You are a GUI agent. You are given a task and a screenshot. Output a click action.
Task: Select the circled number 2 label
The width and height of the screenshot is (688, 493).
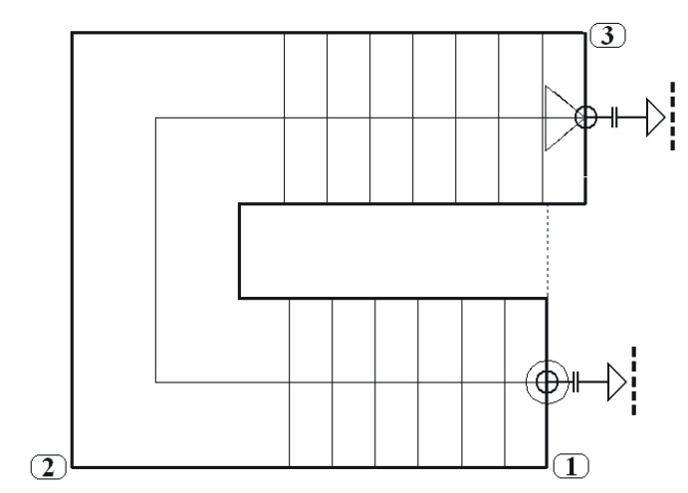pyautogui.click(x=49, y=463)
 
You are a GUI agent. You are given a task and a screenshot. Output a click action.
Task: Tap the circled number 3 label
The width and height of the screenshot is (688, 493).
pyautogui.click(x=607, y=35)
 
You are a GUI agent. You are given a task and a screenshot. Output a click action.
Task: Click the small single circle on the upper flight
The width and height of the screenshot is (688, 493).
pyautogui.click(x=585, y=119)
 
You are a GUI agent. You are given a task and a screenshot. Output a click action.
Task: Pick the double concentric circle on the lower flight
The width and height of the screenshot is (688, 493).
pyautogui.click(x=547, y=380)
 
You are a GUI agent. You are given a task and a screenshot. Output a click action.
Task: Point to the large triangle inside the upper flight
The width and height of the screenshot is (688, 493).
pyautogui.click(x=560, y=119)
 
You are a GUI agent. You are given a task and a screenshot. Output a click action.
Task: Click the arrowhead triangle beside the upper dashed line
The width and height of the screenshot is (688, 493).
pyautogui.click(x=655, y=119)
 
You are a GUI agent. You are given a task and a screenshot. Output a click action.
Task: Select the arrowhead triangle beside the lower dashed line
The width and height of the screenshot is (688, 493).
pyautogui.click(x=616, y=380)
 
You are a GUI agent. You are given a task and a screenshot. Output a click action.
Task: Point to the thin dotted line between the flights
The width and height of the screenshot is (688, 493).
pyautogui.click(x=548, y=249)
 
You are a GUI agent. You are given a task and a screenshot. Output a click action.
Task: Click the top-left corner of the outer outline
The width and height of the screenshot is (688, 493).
pyautogui.click(x=72, y=34)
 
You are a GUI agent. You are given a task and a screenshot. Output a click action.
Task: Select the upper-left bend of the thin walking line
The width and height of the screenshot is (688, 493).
pyautogui.click(x=155, y=119)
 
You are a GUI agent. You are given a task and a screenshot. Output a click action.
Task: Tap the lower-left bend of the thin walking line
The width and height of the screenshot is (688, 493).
pyautogui.click(x=155, y=380)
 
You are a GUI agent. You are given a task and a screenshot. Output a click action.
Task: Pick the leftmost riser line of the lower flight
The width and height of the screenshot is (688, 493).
pyautogui.click(x=289, y=418)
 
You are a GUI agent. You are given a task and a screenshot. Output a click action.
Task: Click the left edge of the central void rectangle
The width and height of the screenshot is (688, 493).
pyautogui.click(x=240, y=250)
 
